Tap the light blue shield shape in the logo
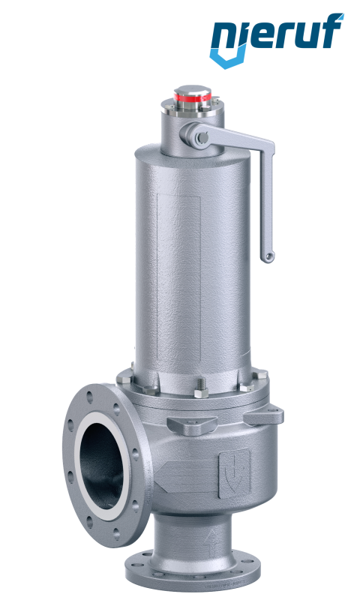coord(229,58)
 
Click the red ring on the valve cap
coord(193,97)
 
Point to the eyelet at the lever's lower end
coord(269,256)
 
